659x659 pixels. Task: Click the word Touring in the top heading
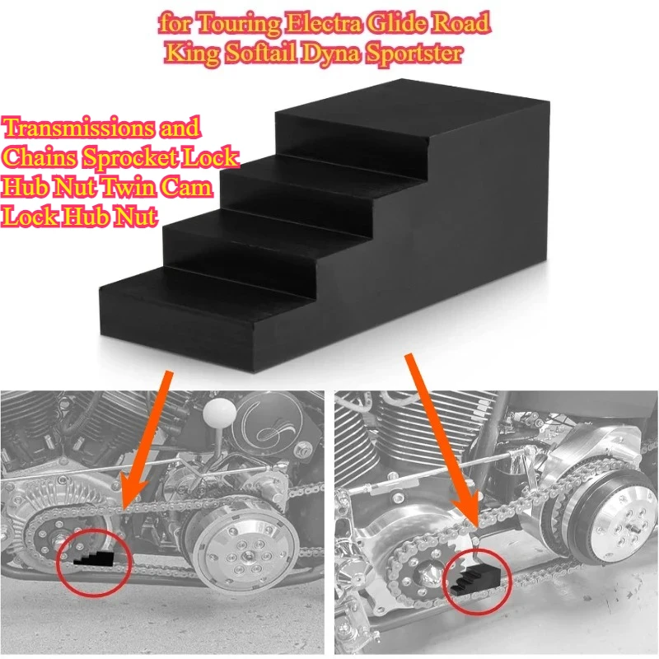coord(237,23)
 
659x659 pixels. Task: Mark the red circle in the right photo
coord(477,577)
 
